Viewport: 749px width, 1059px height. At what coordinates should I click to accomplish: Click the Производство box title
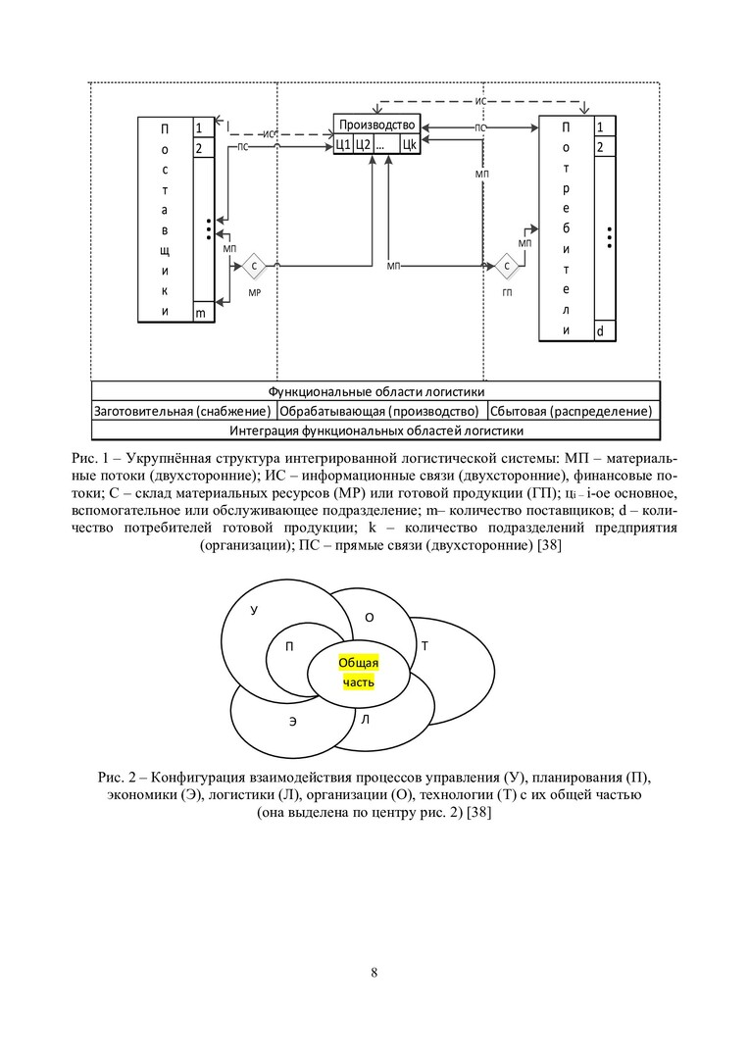pos(378,126)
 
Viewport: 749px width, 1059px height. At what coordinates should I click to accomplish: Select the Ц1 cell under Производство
pos(342,145)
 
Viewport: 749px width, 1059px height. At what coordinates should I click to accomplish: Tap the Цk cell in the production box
pos(410,145)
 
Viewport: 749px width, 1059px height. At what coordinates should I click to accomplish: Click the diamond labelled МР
pos(255,266)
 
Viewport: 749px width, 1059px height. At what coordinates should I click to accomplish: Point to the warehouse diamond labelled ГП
pos(507,266)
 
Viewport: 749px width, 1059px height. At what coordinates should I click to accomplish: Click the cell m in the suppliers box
pos(202,312)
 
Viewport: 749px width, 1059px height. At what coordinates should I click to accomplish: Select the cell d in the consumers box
pos(602,331)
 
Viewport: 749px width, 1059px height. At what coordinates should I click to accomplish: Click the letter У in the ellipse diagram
pos(254,610)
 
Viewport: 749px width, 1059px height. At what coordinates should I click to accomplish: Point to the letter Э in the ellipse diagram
pos(292,723)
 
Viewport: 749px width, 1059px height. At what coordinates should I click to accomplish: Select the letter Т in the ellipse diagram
pos(424,646)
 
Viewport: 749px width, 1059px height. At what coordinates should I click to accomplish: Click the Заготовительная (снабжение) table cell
pos(183,411)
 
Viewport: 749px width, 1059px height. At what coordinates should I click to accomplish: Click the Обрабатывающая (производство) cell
pos(378,411)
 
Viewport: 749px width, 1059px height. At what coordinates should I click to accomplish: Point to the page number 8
pos(374,973)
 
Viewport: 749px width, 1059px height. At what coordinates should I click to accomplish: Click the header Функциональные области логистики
pos(375,391)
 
